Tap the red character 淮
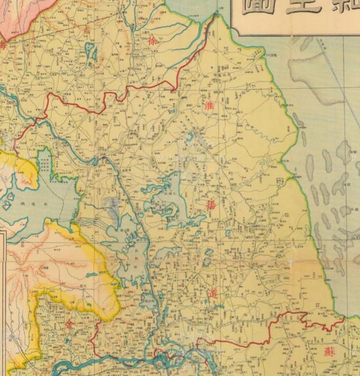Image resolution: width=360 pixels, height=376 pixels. (209, 105)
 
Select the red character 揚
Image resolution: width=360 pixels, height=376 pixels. (212, 205)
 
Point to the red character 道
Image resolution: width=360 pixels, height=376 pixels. (214, 294)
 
